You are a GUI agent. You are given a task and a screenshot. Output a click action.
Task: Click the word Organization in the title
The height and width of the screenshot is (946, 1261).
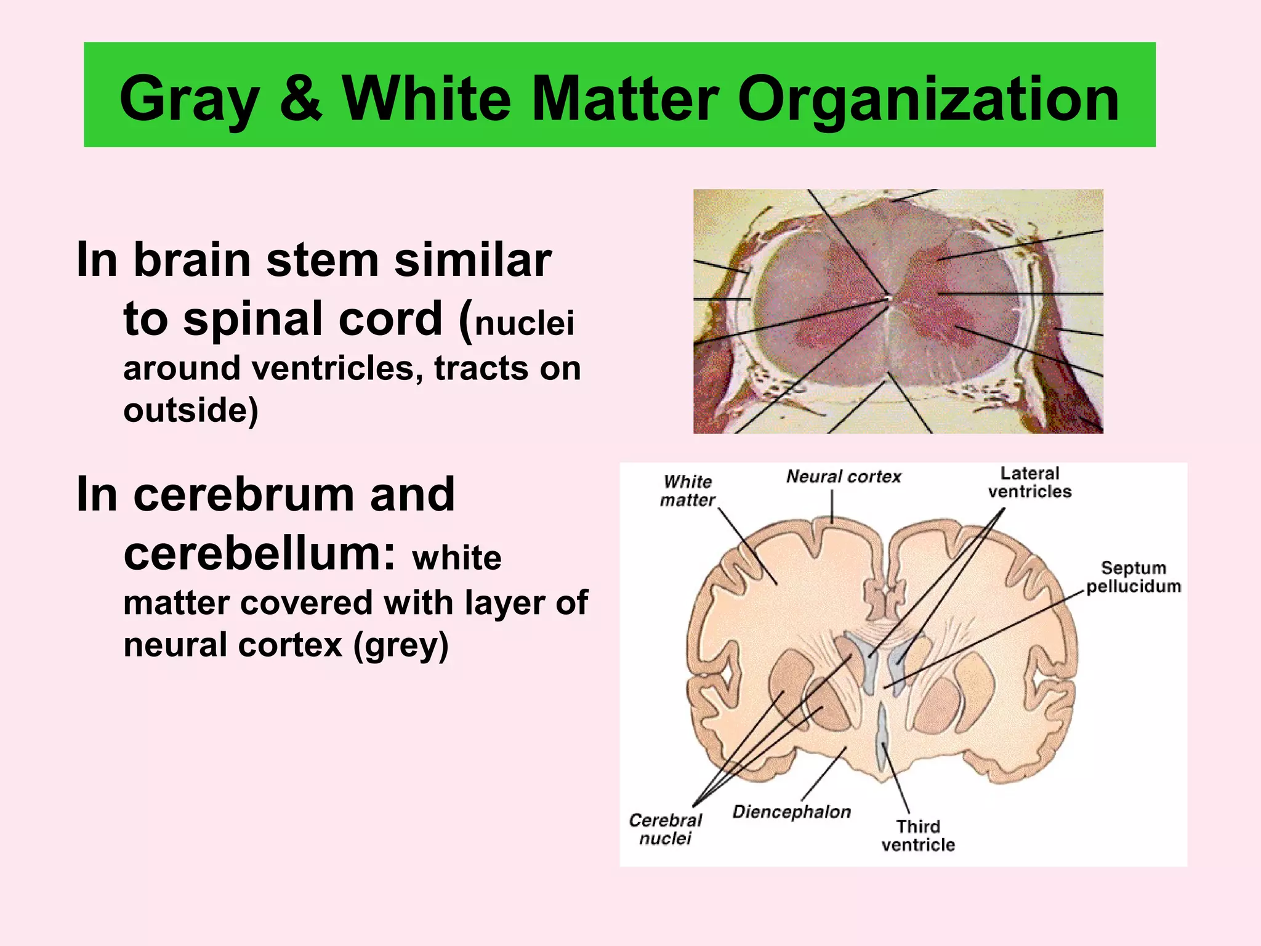coord(928,99)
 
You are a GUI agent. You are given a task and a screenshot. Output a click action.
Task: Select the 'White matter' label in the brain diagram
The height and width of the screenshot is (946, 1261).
coord(688,491)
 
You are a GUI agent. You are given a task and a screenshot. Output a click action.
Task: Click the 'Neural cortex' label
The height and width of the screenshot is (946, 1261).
coord(843,477)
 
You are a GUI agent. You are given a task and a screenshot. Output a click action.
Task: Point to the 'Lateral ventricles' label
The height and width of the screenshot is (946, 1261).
coord(1029,482)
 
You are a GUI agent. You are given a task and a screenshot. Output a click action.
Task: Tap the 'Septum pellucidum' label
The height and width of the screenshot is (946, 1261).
coord(1133,577)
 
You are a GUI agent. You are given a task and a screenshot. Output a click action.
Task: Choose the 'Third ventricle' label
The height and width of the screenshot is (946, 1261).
coord(917,835)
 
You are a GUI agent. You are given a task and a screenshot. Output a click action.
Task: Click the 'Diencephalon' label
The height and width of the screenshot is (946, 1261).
coord(791,812)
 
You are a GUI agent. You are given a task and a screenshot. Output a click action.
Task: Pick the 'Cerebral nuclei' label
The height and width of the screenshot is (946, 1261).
coord(665,829)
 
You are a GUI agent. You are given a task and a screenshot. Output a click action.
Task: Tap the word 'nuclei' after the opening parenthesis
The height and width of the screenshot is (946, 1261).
coord(524,323)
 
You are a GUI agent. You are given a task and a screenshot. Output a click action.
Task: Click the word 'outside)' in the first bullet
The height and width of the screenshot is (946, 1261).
coord(191,410)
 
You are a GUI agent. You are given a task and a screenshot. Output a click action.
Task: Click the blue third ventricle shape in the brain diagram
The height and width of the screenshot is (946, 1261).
coord(882,736)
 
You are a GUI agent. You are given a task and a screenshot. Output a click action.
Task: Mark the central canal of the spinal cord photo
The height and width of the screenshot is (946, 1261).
coord(887,299)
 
